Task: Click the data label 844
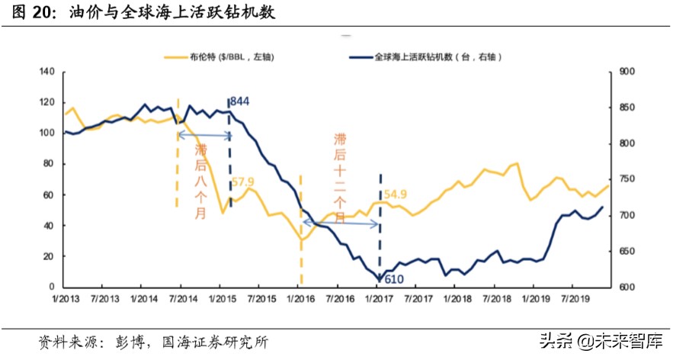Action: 239,101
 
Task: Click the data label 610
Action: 393,280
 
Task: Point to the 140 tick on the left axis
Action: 47,72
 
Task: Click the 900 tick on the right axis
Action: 627,72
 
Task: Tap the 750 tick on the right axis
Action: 627,179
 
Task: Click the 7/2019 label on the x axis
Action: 573,301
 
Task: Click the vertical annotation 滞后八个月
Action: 200,181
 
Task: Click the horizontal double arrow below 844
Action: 204,135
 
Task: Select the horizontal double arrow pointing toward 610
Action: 341,223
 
